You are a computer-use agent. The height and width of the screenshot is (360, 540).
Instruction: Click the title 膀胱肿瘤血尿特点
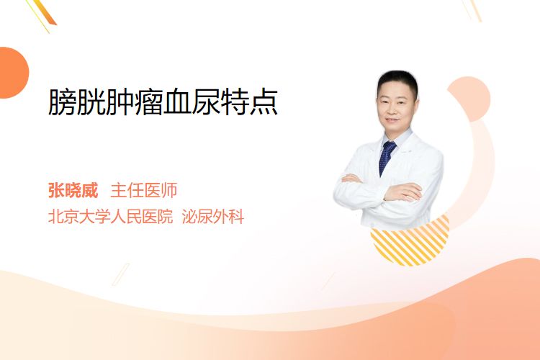[163, 102]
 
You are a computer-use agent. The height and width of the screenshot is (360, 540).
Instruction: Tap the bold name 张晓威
[73, 190]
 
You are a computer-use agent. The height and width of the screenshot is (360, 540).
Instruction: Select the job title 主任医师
[144, 190]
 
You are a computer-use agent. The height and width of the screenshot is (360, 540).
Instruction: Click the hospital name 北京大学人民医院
[110, 217]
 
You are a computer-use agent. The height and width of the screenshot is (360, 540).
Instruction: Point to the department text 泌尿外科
[213, 217]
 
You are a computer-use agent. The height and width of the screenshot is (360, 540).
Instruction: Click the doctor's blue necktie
[387, 158]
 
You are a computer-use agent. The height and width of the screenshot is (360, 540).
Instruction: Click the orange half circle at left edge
[13, 73]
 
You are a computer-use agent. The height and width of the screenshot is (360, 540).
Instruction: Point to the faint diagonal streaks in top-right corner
[472, 9]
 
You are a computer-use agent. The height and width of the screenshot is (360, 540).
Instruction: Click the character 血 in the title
[177, 102]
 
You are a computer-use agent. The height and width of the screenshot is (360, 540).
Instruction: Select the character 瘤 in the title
[148, 102]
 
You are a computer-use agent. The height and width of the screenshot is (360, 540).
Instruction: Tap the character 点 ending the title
[264, 102]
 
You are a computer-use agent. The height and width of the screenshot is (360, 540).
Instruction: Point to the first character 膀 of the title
[62, 102]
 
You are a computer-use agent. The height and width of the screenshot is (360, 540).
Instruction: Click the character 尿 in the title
[206, 102]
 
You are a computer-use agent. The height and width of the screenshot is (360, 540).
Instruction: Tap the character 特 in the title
[235, 102]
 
